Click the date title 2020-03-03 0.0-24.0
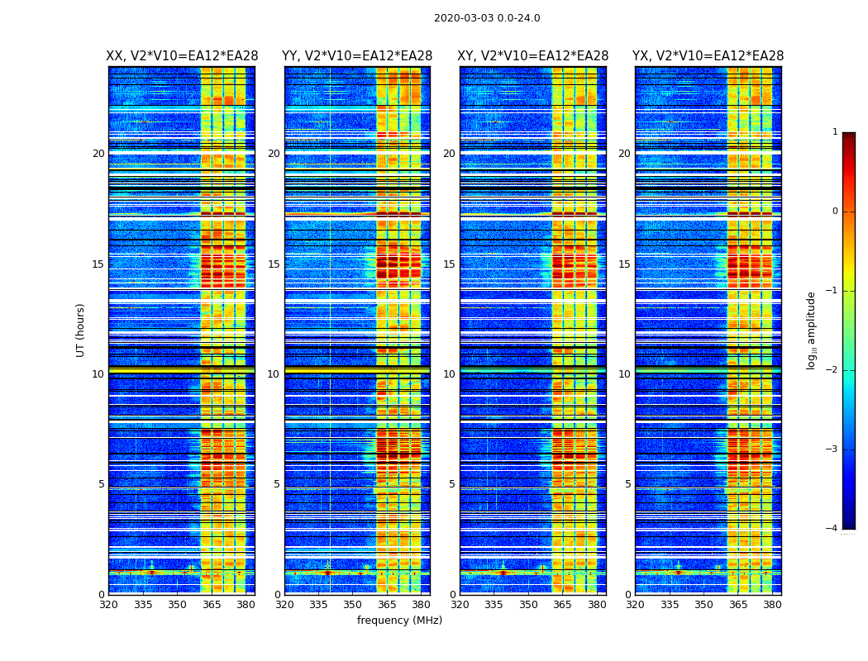[x=487, y=18]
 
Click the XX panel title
[x=182, y=56]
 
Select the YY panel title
[x=357, y=56]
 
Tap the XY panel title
[x=533, y=56]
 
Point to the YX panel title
[x=708, y=56]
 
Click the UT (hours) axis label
[x=81, y=330]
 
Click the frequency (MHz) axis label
[x=399, y=621]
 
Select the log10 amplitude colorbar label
[x=812, y=330]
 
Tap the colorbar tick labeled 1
[x=835, y=132]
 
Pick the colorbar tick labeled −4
[x=832, y=529]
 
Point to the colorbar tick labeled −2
[x=832, y=370]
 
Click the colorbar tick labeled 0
[x=835, y=212]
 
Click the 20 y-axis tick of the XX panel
[x=98, y=154]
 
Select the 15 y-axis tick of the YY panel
[x=274, y=264]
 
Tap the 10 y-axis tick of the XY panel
[x=449, y=374]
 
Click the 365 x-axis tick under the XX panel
[x=212, y=604]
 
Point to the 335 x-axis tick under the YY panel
[x=319, y=604]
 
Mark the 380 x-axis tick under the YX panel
[x=772, y=604]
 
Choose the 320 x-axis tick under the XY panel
[x=460, y=604]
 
